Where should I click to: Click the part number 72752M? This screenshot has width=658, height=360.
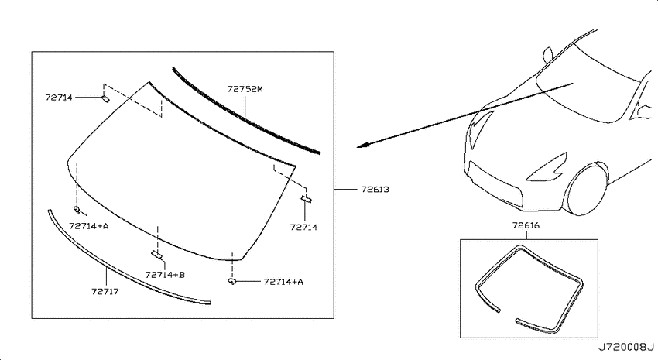[245, 89]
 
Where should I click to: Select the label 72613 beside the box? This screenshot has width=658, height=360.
[375, 189]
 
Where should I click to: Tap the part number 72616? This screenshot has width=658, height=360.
[526, 225]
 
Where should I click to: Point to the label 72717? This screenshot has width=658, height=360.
[105, 291]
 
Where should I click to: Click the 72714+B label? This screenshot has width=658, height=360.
[165, 275]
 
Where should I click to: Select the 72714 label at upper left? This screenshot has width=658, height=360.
[59, 98]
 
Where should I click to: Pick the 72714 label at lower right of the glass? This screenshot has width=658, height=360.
[303, 227]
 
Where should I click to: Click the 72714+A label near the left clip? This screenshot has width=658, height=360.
[89, 226]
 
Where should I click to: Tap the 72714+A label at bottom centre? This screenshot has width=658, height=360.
[283, 282]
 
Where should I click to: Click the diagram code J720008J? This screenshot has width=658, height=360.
[625, 348]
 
